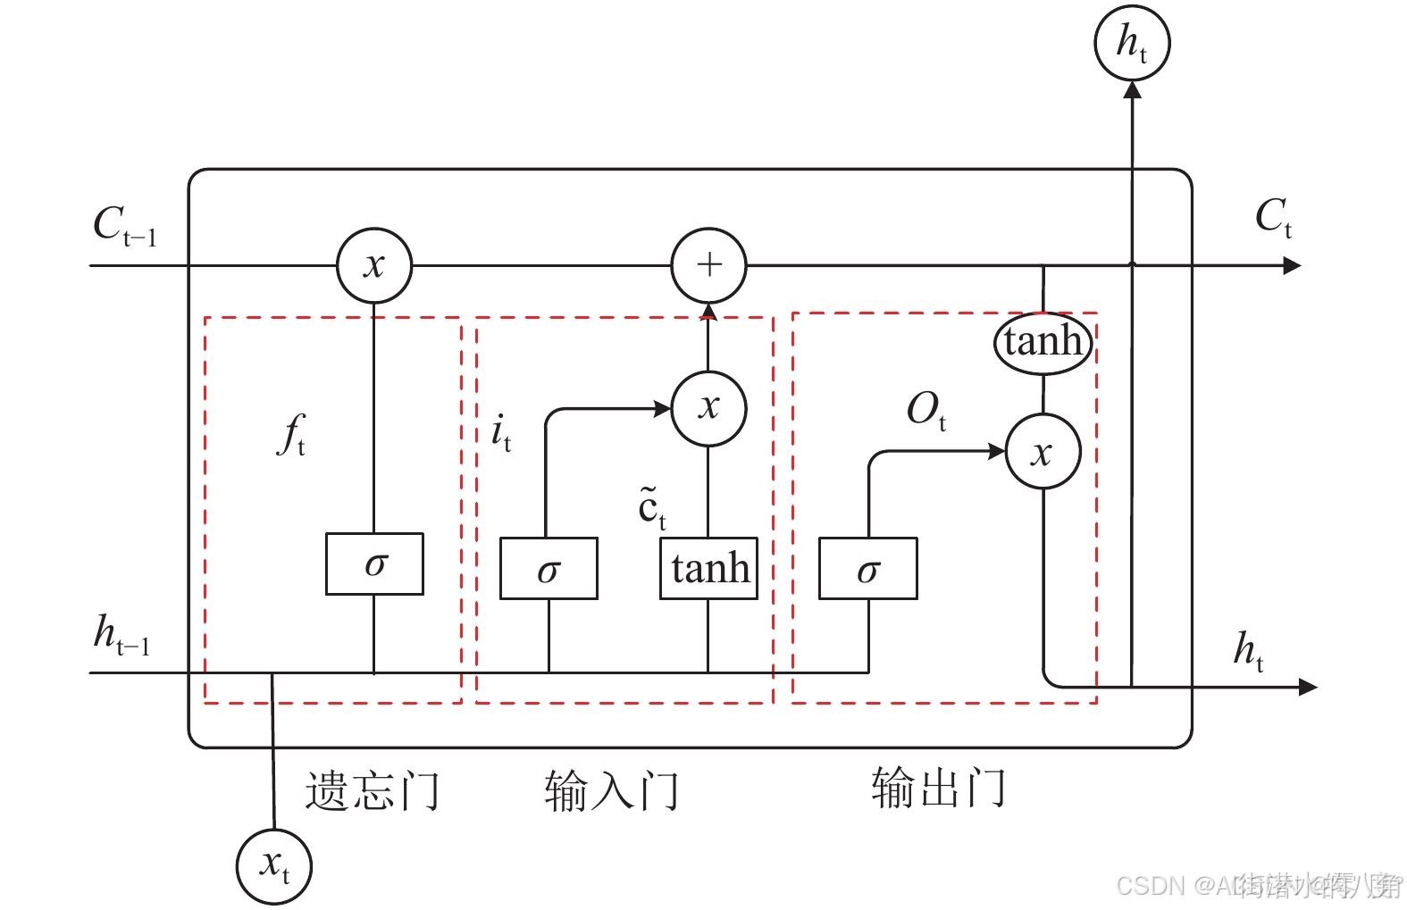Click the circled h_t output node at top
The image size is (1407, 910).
click(1132, 43)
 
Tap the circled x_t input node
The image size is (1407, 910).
click(273, 866)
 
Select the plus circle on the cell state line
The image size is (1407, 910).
click(708, 265)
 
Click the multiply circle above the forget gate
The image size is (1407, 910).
click(374, 265)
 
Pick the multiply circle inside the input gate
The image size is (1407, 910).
click(708, 408)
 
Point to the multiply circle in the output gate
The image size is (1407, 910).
click(1043, 451)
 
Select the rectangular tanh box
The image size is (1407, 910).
click(708, 568)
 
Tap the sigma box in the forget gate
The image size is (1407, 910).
click(374, 564)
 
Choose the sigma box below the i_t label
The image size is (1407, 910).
click(549, 569)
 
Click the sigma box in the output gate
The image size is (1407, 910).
click(867, 569)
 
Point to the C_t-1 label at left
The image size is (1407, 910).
click(124, 226)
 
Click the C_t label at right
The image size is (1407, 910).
click(1273, 217)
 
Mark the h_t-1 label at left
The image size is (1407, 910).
click(121, 635)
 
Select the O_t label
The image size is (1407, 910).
click(926, 411)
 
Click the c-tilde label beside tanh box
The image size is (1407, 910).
click(651, 507)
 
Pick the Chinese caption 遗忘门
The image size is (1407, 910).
click(372, 791)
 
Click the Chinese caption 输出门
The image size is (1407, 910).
click(938, 788)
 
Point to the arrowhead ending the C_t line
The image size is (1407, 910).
click(1292, 265)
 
